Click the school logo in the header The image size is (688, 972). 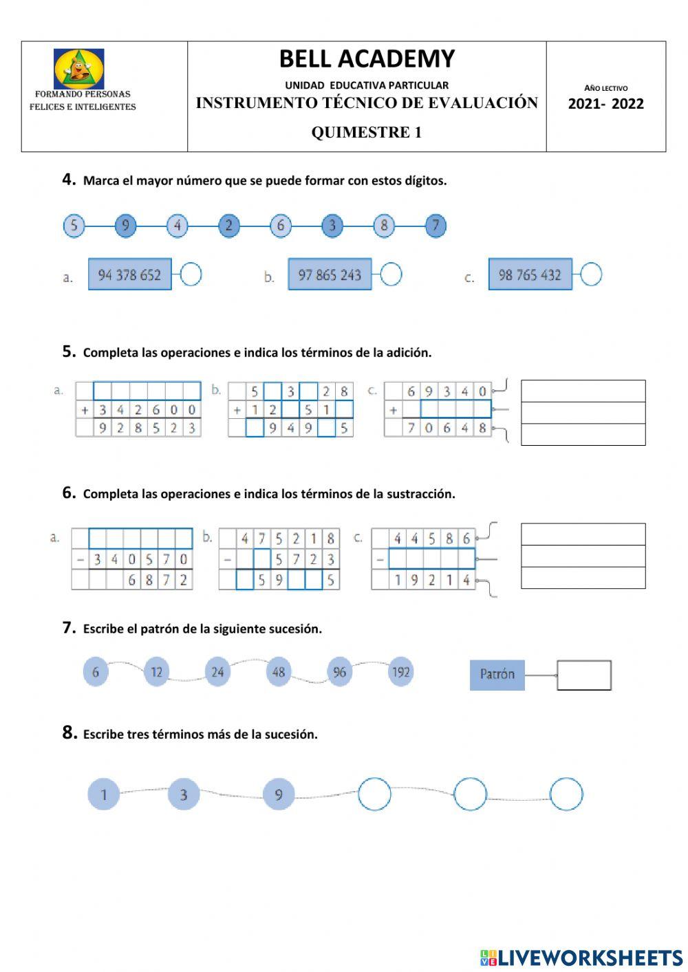(x=79, y=69)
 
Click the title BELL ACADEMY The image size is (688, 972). (x=367, y=59)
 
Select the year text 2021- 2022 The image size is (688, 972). (x=605, y=104)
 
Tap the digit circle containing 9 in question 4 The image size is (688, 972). (x=125, y=226)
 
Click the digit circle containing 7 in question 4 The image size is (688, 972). (x=436, y=226)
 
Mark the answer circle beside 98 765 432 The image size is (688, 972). (x=591, y=274)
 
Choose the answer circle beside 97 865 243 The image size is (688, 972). (x=391, y=274)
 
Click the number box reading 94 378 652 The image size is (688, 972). (x=129, y=274)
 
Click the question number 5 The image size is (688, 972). (x=69, y=352)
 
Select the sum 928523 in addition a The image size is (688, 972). (x=147, y=428)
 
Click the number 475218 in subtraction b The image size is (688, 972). (x=288, y=539)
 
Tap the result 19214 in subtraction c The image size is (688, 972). (x=432, y=580)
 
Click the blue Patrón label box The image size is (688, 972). (x=497, y=675)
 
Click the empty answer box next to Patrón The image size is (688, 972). (x=583, y=675)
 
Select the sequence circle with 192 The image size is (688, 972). (x=400, y=671)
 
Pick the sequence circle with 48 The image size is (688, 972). (x=279, y=671)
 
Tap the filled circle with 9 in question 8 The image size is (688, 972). (x=279, y=795)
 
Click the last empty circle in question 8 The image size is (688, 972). (x=566, y=794)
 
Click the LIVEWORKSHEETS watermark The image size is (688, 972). (x=581, y=957)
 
